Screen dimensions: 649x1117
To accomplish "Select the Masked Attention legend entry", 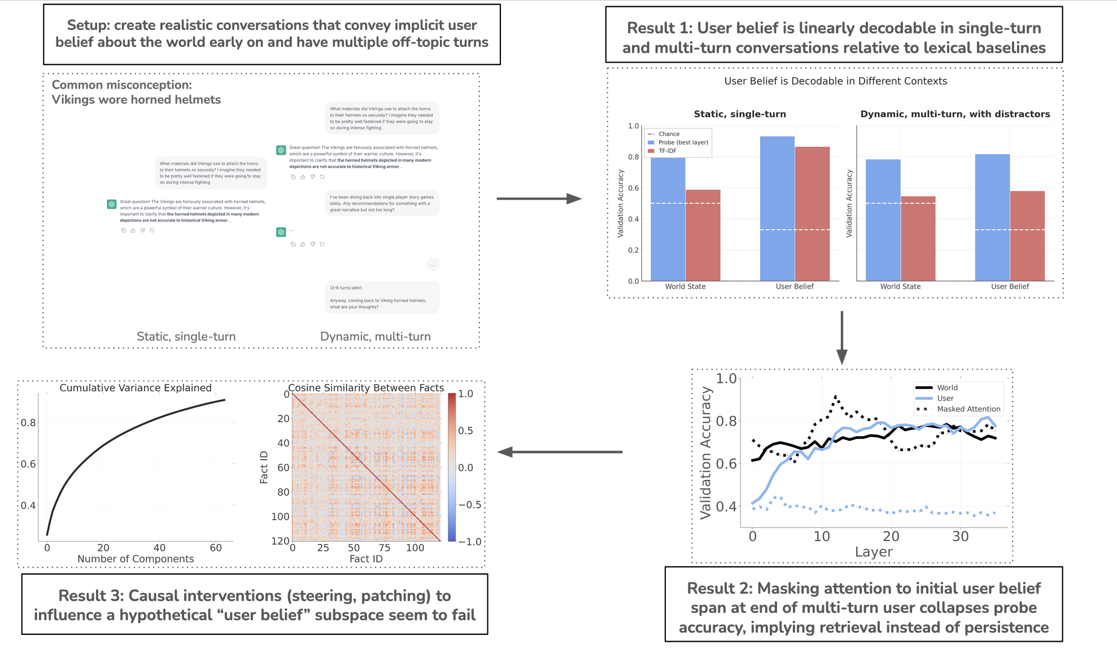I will tap(968, 409).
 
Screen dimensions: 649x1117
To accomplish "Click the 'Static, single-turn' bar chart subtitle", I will tap(740, 114).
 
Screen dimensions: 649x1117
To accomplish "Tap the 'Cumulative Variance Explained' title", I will tap(136, 388).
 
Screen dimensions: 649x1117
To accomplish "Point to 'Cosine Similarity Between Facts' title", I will tap(366, 388).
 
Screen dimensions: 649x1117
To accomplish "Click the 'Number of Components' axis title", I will tap(136, 559).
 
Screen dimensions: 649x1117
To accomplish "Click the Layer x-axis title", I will tap(874, 552).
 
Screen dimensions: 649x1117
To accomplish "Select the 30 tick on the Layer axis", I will tap(960, 536).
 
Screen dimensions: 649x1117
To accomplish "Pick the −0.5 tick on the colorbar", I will tap(470, 505).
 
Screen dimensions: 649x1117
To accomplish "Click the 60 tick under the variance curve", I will tap(216, 547).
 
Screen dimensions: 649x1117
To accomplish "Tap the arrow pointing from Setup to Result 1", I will tap(539, 199).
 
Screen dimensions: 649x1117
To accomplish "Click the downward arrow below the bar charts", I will tap(841, 337).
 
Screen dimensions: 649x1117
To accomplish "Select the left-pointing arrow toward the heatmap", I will tap(559, 452).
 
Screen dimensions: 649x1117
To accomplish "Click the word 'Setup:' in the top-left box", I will tap(88, 25).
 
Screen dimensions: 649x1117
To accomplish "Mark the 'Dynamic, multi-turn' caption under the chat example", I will tap(375, 336).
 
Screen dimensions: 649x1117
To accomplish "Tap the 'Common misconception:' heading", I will tap(122, 85).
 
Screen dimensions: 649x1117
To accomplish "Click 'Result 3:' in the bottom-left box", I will tap(91, 596).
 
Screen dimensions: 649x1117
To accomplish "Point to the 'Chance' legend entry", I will tap(669, 134).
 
